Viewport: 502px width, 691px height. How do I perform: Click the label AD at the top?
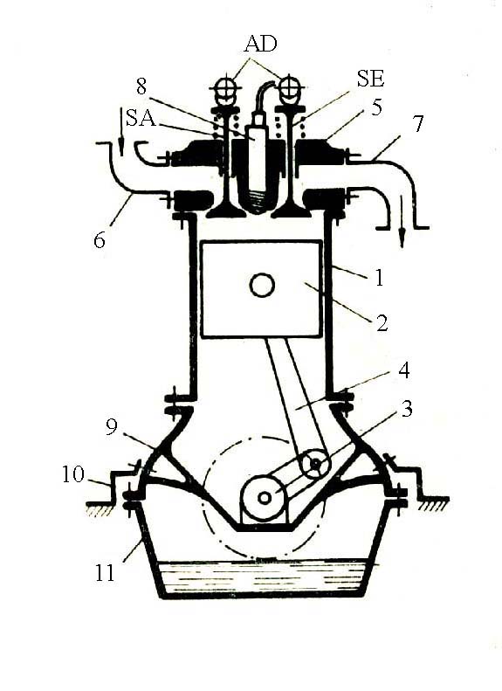(261, 44)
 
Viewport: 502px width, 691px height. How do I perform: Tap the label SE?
(370, 79)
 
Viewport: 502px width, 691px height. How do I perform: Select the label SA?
(141, 118)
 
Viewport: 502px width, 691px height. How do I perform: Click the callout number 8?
(141, 86)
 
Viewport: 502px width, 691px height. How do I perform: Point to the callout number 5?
(376, 107)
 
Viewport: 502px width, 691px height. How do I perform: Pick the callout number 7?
(416, 124)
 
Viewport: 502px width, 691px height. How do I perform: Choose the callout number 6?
(100, 240)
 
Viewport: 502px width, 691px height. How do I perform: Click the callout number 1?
(378, 278)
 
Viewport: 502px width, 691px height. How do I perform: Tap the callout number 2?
(382, 322)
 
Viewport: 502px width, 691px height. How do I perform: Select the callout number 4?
(404, 370)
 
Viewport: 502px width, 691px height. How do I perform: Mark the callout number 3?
(407, 409)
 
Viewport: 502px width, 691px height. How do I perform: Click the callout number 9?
(112, 426)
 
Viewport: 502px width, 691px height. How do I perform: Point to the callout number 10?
(73, 474)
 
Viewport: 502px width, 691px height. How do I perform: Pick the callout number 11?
(105, 572)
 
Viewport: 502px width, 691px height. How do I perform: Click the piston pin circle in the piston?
(262, 285)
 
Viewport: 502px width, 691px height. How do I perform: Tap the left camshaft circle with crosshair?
(225, 86)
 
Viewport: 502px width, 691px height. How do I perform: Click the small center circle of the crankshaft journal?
(265, 498)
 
